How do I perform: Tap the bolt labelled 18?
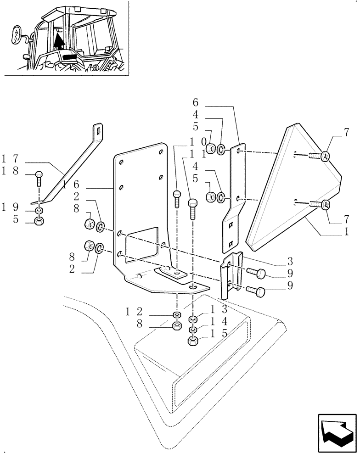(x=39, y=176)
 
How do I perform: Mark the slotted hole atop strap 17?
(x=97, y=131)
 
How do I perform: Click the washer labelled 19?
(x=40, y=211)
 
